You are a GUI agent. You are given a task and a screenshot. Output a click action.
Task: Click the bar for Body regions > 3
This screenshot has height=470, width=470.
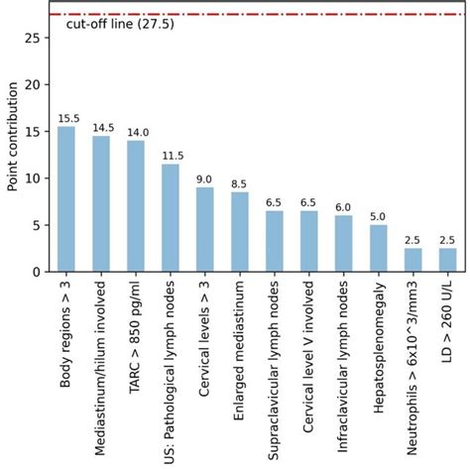tap(66, 198)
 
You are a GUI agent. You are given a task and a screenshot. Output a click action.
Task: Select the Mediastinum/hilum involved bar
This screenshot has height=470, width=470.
tap(101, 203)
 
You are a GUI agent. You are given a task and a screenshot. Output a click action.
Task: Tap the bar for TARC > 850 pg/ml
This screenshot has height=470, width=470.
tap(136, 205)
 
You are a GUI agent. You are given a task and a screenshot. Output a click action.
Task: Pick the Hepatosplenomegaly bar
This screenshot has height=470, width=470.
tap(378, 248)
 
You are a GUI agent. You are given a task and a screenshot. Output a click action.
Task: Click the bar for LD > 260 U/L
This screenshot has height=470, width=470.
tap(447, 260)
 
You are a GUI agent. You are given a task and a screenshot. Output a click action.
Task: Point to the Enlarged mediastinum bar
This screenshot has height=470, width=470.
tap(239, 231)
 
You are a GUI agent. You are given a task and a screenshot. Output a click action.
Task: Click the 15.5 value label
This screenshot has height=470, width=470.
tap(66, 119)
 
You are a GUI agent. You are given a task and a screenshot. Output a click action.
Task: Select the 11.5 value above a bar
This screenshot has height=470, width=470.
tap(171, 157)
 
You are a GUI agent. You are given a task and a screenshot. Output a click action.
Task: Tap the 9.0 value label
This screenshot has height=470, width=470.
tap(205, 179)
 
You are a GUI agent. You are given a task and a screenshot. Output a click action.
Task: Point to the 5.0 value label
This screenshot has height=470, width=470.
tap(378, 217)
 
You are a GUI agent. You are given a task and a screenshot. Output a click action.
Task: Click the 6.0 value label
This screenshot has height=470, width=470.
tap(343, 208)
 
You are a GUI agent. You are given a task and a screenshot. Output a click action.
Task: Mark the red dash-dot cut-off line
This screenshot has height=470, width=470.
tap(297, 15)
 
